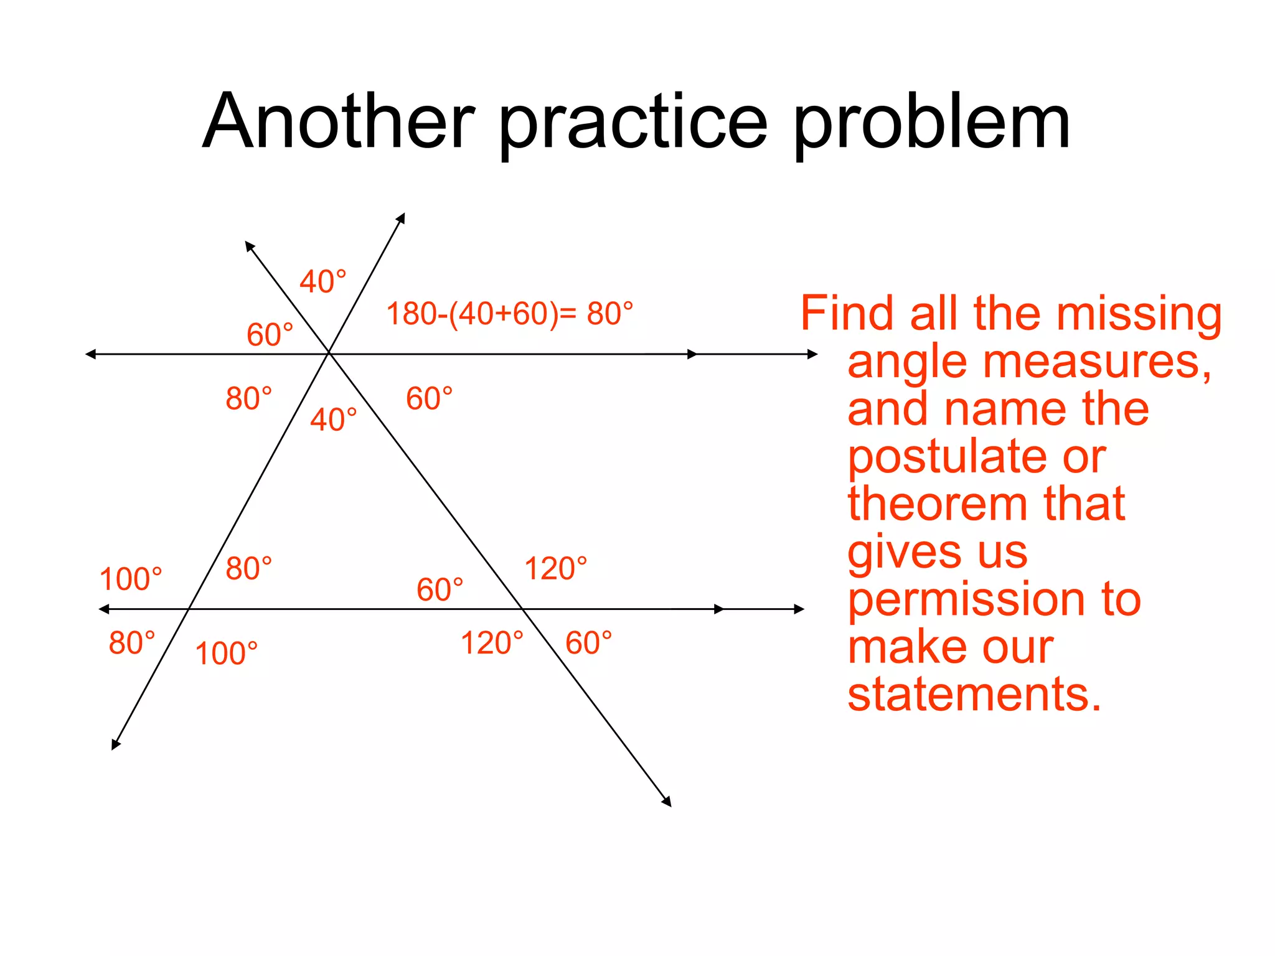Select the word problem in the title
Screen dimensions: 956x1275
931,122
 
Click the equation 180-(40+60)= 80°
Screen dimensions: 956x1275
509,314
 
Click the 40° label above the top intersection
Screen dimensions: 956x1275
322,281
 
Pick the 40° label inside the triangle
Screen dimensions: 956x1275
334,419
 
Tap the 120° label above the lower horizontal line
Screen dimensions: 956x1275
555,568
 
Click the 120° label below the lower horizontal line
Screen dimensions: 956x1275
492,643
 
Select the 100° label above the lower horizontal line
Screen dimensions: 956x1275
131,579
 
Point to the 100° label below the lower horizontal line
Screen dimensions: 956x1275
226,654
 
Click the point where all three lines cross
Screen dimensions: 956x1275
329,354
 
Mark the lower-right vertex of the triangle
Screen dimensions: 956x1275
521,609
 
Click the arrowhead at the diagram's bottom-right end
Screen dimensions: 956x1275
667,802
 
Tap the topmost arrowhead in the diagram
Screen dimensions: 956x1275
402,217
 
